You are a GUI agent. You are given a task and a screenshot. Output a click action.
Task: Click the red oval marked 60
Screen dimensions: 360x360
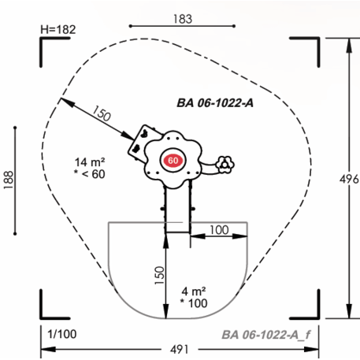[173, 161]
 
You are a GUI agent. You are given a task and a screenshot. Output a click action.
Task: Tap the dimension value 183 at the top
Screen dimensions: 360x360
[183, 19]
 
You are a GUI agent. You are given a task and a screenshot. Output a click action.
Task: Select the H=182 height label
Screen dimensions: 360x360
[58, 29]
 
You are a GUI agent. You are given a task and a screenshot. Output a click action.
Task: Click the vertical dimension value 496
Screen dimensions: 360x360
[349, 179]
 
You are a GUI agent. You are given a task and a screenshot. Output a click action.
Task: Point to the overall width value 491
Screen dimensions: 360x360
[180, 350]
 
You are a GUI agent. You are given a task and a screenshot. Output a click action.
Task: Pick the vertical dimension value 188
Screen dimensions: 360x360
[9, 180]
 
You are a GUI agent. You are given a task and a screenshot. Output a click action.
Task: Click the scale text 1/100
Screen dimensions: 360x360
[62, 334]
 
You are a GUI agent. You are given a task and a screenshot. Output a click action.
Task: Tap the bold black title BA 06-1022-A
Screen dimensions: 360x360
[215, 102]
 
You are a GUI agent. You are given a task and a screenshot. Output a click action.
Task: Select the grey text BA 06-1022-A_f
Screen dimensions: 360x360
[266, 335]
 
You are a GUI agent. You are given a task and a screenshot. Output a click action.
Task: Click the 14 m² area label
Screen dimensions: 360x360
[90, 162]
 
